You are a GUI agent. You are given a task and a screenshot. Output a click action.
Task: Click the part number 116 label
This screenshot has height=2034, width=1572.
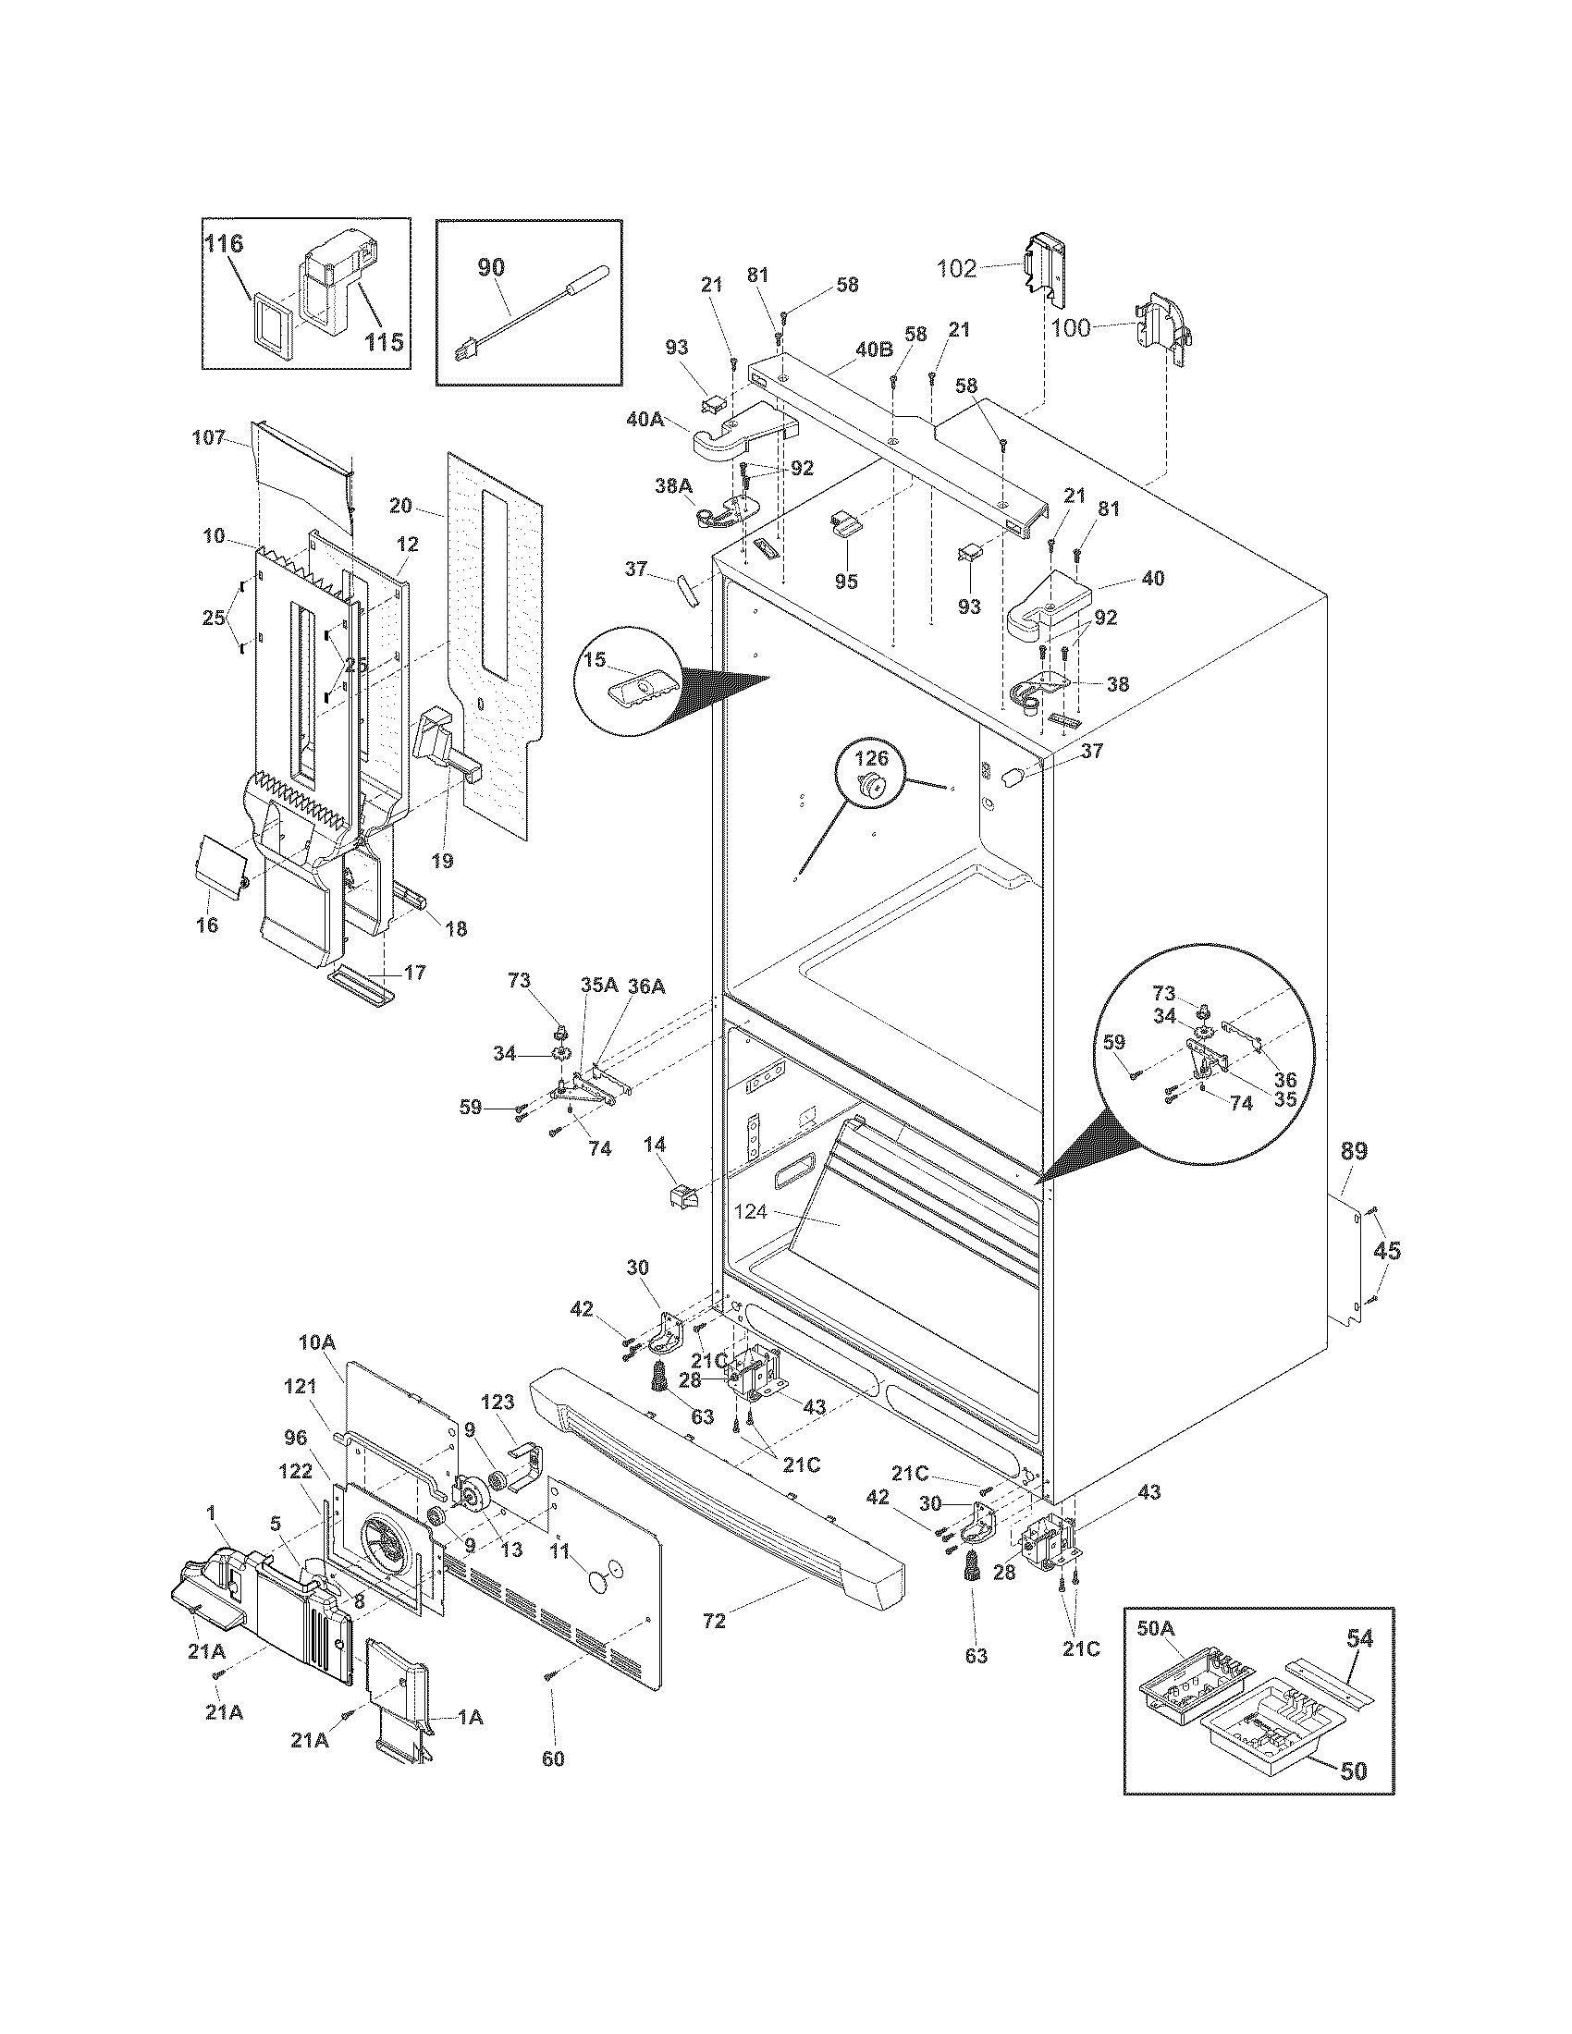(x=224, y=245)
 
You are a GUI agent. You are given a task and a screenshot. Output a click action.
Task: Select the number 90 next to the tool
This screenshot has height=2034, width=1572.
(x=491, y=267)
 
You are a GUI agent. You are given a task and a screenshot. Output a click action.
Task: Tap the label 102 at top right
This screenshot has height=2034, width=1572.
(x=956, y=269)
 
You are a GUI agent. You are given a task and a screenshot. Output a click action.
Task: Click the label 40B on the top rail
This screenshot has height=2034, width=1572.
(x=875, y=349)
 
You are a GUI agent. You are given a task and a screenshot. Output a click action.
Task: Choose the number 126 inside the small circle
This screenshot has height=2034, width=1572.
(x=872, y=759)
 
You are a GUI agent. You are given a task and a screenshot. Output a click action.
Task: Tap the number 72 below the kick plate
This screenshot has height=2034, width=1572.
(x=714, y=1622)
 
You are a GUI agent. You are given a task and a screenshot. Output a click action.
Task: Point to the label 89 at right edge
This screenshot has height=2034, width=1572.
(x=1353, y=1152)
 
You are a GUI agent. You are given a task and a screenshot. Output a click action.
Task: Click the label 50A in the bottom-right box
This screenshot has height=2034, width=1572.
(x=1156, y=1629)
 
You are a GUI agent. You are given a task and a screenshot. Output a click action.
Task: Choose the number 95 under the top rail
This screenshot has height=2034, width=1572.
(x=845, y=582)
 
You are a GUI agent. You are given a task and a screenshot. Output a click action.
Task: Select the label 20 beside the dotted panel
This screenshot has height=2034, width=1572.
(x=400, y=506)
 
